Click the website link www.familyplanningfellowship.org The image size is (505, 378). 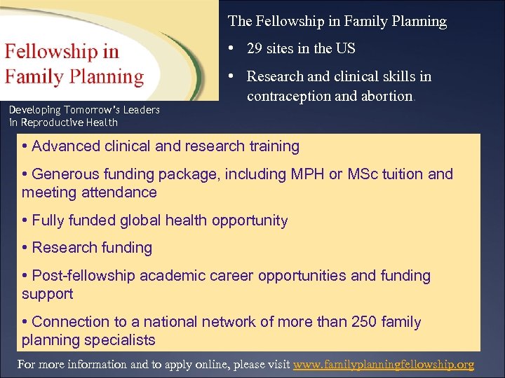(384, 365)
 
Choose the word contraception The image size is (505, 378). (286, 96)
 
